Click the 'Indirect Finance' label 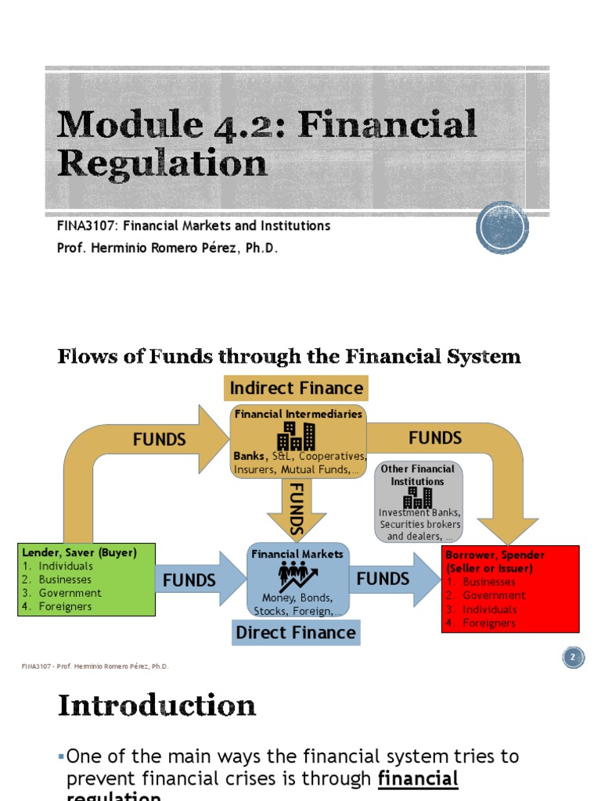296,388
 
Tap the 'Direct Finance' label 296,632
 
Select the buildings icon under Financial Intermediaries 297,436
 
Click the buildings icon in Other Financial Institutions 417,497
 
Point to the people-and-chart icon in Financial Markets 297,577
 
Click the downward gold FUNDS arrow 297,509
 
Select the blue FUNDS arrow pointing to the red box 391,579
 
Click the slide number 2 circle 572,658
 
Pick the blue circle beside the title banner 502,228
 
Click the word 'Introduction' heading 157,706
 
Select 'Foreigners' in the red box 489,623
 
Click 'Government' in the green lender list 70,593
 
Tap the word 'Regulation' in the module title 162,163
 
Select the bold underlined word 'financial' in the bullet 418,778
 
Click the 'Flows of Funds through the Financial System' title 289,357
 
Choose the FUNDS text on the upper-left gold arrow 159,440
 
